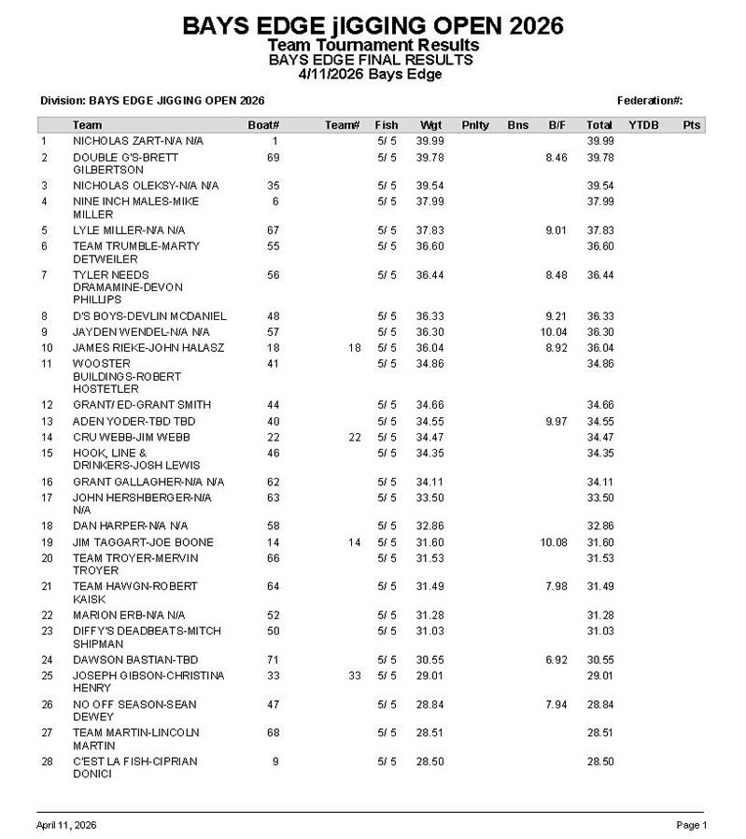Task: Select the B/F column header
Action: pos(556,125)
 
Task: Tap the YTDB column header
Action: pos(642,125)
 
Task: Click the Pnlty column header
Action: pos(474,125)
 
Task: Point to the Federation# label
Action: pos(650,101)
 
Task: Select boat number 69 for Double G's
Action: pos(274,158)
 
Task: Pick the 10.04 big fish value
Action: pos(554,332)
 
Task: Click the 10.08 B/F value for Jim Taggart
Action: pos(554,542)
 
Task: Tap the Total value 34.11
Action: pos(599,482)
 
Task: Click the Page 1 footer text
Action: pos(692,825)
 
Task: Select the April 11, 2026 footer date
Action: pos(66,825)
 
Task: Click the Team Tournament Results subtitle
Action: pos(373,45)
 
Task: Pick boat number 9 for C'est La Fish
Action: pos(275,762)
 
